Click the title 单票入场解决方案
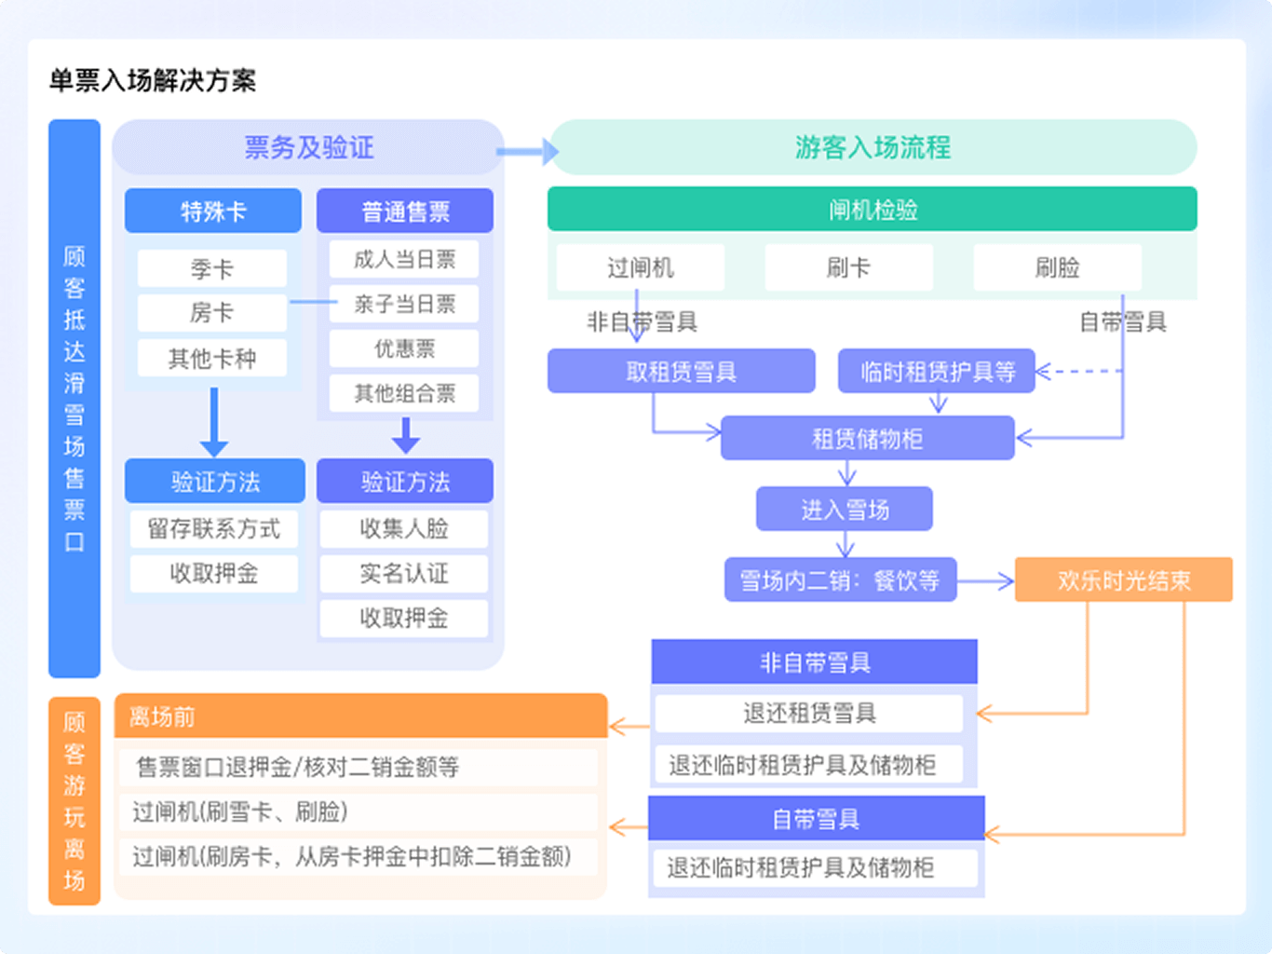click(153, 81)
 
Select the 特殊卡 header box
click(213, 211)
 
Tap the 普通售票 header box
click(405, 211)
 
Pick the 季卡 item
click(212, 269)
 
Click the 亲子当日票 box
click(404, 304)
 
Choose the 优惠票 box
click(404, 348)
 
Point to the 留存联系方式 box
click(213, 529)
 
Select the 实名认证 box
click(404, 573)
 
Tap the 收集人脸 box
click(404, 529)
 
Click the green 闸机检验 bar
click(872, 210)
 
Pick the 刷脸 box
click(1057, 268)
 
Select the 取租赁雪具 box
click(681, 372)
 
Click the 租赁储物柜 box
click(867, 439)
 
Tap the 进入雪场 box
click(845, 510)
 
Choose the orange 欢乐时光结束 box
click(1123, 580)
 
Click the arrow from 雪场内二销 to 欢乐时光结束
click(985, 581)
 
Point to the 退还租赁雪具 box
click(809, 714)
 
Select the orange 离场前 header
click(360, 716)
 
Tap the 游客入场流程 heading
click(873, 147)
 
